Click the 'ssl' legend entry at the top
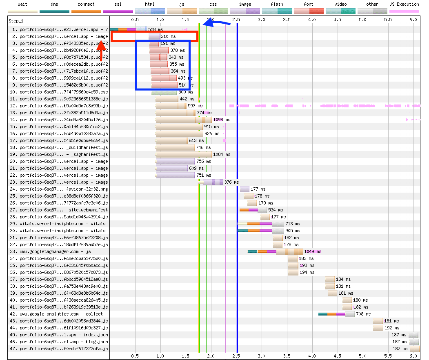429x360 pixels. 118,4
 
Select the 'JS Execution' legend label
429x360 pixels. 404,4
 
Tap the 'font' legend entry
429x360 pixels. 309,4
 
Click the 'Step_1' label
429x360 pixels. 17,20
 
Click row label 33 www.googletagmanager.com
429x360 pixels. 55,251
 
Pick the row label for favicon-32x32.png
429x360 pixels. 63,189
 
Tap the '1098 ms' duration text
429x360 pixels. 222,120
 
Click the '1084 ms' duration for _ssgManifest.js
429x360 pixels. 222,154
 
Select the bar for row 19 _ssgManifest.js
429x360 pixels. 184,154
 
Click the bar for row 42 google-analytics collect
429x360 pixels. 336,314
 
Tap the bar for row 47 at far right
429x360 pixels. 415,349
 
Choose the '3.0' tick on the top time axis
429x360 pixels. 262,20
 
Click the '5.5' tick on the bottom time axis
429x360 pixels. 388,356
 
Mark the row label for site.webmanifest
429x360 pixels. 63,210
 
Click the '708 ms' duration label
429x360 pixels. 363,314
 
